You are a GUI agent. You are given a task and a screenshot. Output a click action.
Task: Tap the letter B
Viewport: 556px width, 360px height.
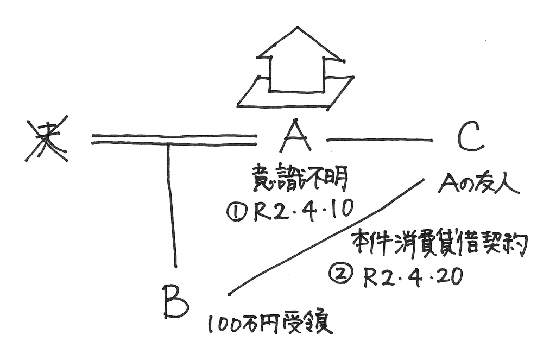[175, 303]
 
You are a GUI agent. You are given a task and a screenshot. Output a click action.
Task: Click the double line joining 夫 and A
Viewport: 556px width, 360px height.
[174, 140]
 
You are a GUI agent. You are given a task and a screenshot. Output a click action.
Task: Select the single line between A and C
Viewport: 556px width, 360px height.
[380, 140]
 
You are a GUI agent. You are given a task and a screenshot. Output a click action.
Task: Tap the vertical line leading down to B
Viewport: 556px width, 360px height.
[172, 206]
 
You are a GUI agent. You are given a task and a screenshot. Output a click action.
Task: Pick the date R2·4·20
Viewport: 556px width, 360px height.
[413, 277]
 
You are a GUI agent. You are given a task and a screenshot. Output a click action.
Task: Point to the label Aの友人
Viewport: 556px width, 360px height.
[478, 186]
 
